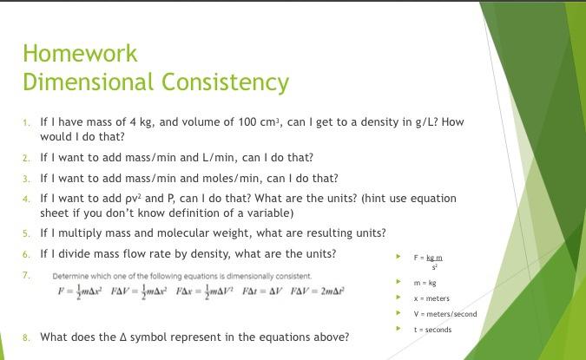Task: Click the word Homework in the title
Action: click(x=80, y=54)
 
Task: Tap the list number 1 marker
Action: click(x=26, y=123)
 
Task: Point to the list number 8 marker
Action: click(x=26, y=337)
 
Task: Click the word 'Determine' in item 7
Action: click(x=70, y=276)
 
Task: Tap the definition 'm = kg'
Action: click(x=425, y=283)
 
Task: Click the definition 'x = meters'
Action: click(x=431, y=298)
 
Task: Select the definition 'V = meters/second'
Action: click(x=444, y=314)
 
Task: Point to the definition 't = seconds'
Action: click(x=432, y=330)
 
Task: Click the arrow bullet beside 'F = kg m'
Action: click(x=398, y=258)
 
